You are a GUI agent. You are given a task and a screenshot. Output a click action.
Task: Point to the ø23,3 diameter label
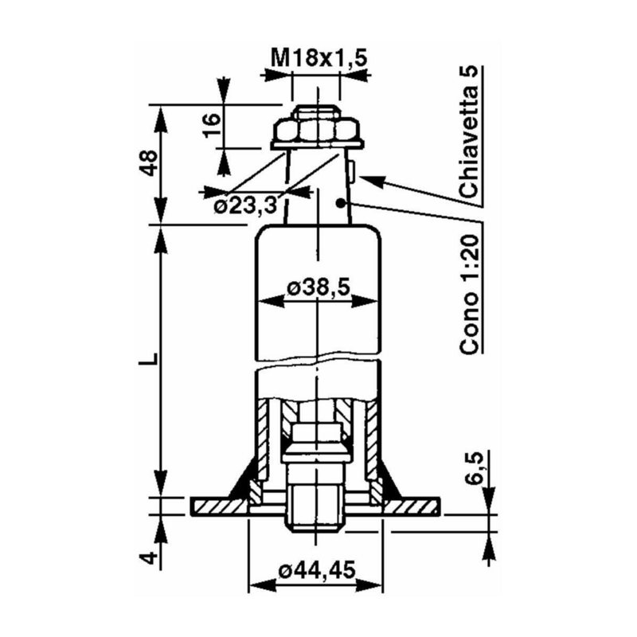click(244, 206)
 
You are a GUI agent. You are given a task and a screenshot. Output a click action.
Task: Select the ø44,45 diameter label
click(317, 570)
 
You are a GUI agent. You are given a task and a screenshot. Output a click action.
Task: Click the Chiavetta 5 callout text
click(471, 132)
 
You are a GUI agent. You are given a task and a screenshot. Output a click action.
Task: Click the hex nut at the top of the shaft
click(318, 128)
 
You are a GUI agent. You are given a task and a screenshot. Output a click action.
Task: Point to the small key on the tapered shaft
click(351, 170)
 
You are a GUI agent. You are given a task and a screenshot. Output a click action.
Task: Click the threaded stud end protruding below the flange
click(317, 510)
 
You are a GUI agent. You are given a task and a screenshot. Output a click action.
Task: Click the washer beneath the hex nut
click(318, 145)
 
